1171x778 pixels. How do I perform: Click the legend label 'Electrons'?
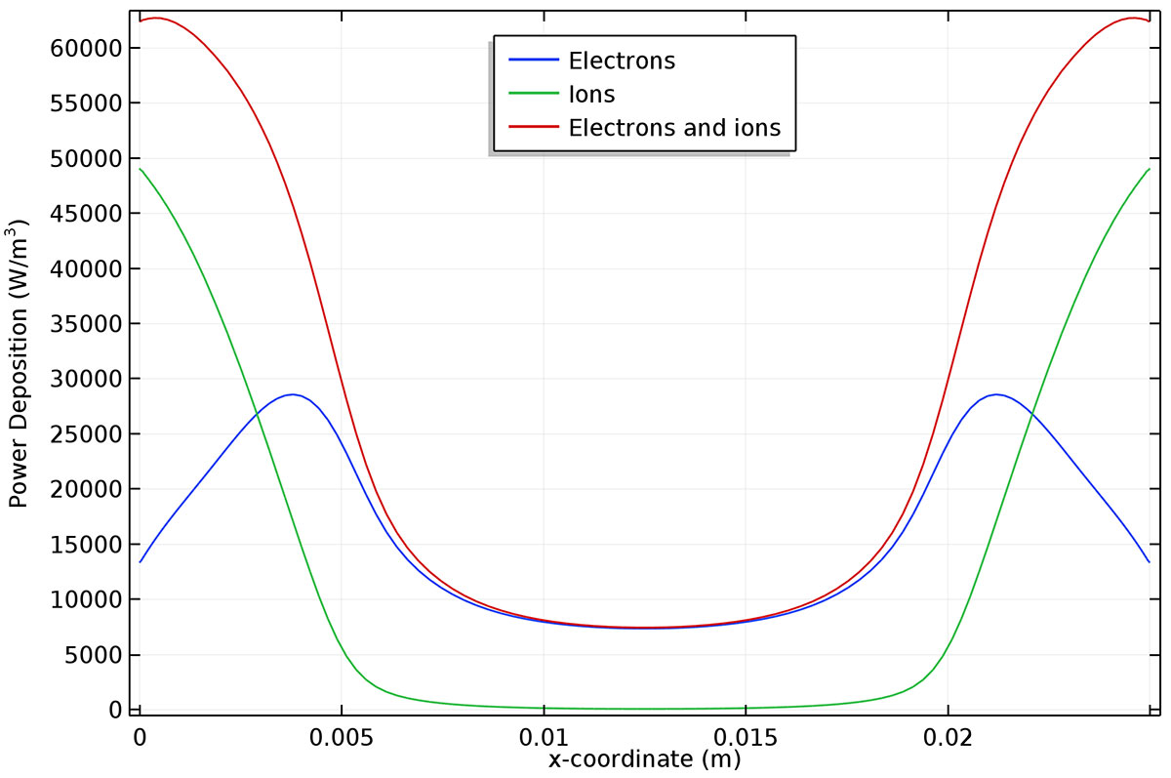click(x=622, y=61)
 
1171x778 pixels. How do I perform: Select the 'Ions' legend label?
click(x=591, y=95)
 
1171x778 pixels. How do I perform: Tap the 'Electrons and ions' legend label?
click(x=674, y=128)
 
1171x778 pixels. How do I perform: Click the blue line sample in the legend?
click(x=534, y=61)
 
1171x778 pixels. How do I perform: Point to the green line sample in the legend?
click(x=534, y=95)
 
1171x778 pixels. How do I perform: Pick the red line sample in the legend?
click(x=534, y=128)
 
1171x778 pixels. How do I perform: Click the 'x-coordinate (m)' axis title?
click(x=643, y=758)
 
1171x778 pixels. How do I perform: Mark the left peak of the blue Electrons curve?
click(x=291, y=394)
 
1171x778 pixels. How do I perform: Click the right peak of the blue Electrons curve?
click(x=995, y=394)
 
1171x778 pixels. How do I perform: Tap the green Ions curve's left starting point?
click(x=141, y=169)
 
